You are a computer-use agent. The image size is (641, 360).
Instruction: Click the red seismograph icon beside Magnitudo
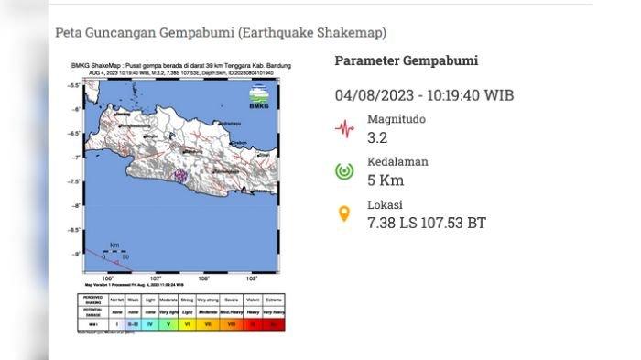[x=344, y=128]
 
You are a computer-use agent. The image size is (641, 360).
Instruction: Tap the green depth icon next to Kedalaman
[x=344, y=171]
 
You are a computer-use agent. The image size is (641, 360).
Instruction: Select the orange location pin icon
[x=344, y=214]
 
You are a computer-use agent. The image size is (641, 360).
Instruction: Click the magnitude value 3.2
[x=377, y=138]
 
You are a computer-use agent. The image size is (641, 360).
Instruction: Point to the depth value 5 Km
[x=385, y=180]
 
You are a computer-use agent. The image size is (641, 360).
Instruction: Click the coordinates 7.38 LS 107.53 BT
[x=426, y=224]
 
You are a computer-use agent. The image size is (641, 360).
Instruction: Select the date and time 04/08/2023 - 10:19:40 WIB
[x=424, y=95]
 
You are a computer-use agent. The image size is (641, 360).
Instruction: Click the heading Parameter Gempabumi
[x=406, y=61]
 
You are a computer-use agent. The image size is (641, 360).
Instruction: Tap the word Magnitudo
[x=397, y=119]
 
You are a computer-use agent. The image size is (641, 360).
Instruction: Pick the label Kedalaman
[x=397, y=162]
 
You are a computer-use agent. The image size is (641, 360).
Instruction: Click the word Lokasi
[x=385, y=205]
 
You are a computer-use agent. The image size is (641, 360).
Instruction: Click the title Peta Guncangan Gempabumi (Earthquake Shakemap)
[x=221, y=33]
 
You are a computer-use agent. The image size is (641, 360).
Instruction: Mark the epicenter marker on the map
[x=181, y=175]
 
